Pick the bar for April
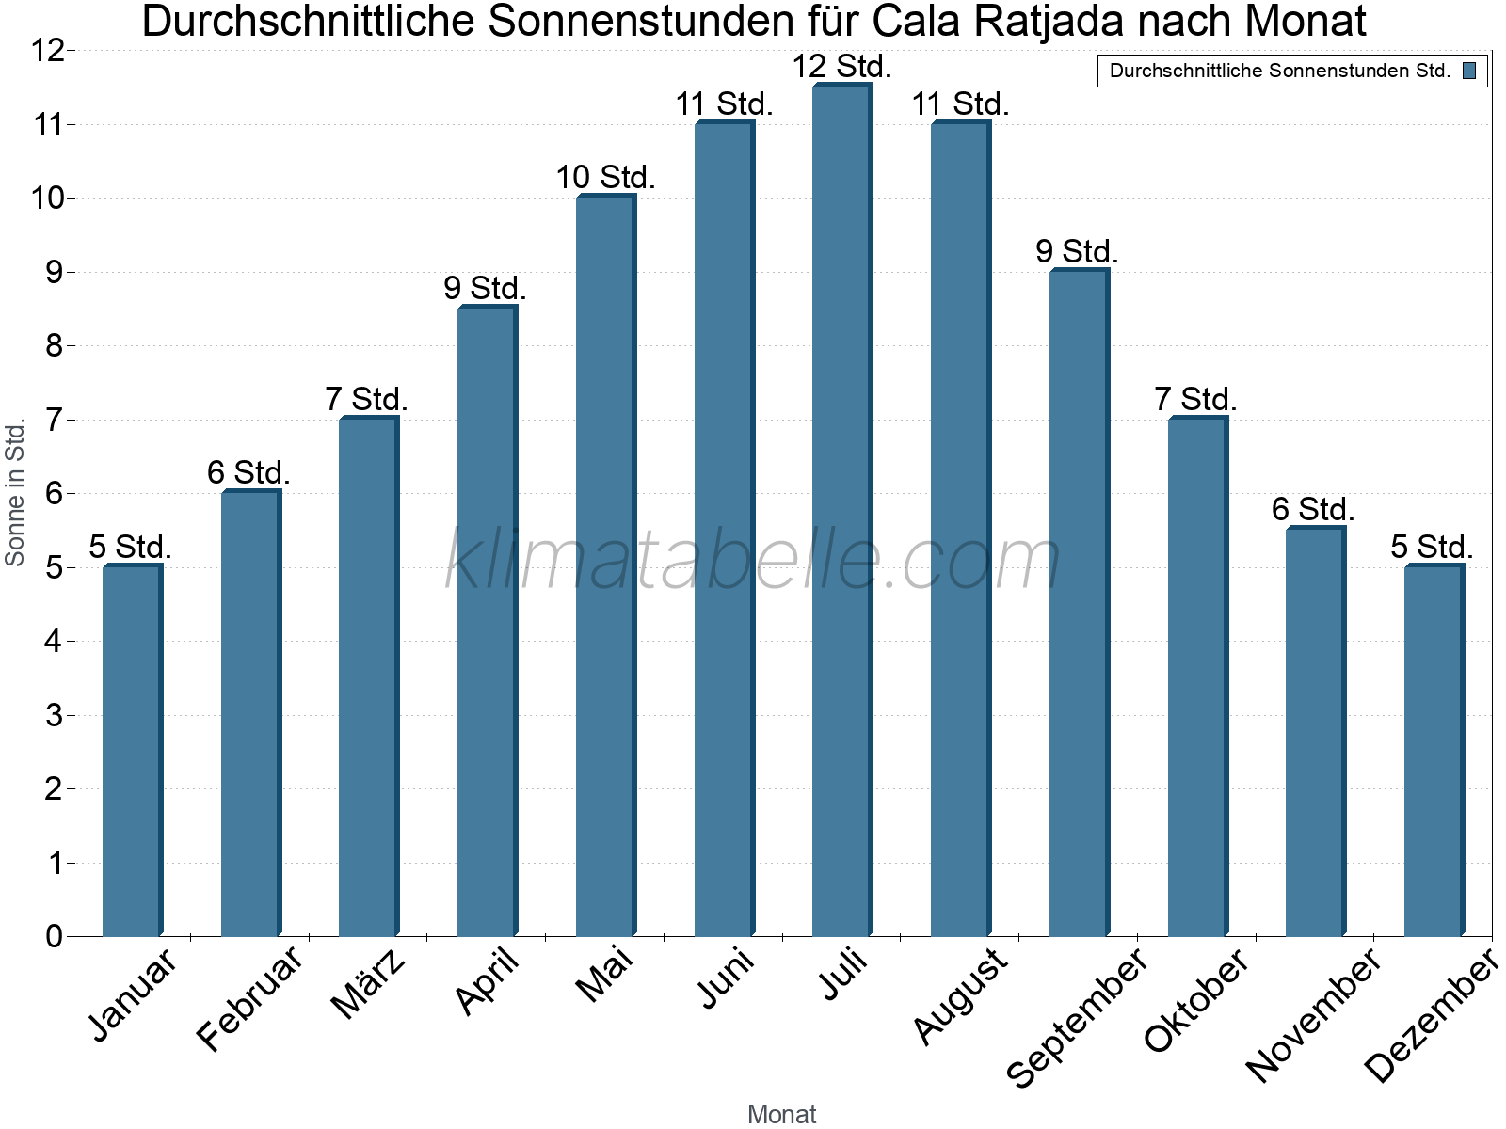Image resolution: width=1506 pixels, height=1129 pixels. (487, 621)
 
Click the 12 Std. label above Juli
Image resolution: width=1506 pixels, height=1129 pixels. (841, 67)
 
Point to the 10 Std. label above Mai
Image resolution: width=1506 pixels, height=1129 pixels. (605, 178)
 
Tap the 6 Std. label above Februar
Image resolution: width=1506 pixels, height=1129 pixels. (249, 472)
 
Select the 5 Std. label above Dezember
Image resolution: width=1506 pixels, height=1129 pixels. (1432, 547)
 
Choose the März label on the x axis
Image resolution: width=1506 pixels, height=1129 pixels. (369, 984)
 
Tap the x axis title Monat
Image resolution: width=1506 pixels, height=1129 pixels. (781, 1114)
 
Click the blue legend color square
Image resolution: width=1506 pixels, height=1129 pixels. (1469, 71)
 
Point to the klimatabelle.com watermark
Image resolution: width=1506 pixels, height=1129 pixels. (753, 561)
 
